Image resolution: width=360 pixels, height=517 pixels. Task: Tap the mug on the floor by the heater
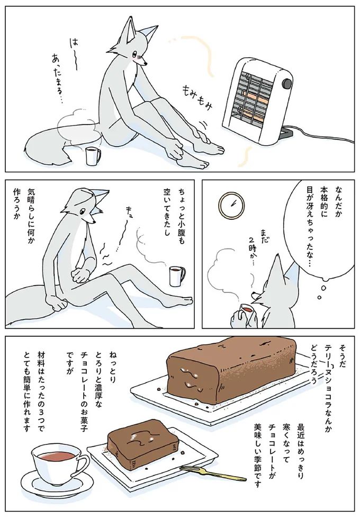pyautogui.click(x=93, y=156)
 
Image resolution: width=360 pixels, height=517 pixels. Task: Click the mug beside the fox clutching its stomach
pyautogui.click(x=176, y=276)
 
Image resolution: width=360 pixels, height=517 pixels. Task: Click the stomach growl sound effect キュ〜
pyautogui.click(x=125, y=228)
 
